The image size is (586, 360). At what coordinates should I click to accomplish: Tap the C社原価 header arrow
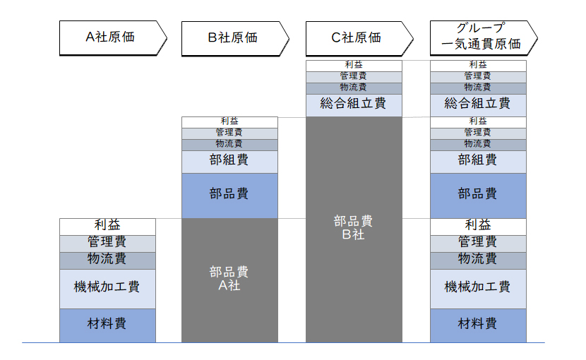tap(357, 37)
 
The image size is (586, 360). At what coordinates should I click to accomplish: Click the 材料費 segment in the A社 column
tap(107, 325)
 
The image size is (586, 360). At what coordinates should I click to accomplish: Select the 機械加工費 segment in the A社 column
tap(107, 287)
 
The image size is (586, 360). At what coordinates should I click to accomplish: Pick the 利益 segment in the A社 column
tap(107, 226)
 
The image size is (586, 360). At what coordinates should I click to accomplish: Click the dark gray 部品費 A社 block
tap(229, 280)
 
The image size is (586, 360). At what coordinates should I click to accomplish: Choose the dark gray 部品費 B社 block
tap(353, 228)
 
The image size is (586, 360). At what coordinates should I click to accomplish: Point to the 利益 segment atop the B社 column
tap(229, 122)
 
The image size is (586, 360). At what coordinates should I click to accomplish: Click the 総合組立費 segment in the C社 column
tap(353, 104)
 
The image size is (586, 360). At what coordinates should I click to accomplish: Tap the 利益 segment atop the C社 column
tap(353, 66)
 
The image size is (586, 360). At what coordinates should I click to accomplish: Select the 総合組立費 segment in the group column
tap(478, 104)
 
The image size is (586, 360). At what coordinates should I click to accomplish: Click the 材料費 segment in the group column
tap(478, 325)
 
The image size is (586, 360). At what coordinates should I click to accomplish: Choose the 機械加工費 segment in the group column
tap(478, 287)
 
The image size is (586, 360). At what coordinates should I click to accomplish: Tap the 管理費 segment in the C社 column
tap(353, 76)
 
